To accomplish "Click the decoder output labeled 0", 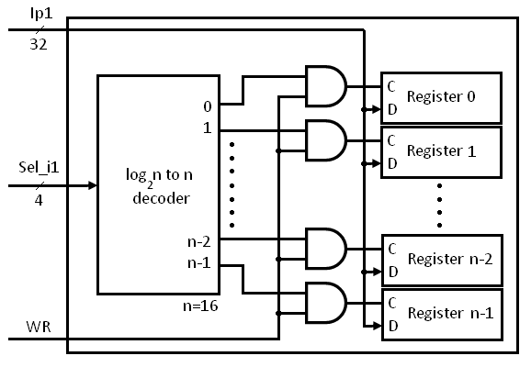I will tap(208, 105).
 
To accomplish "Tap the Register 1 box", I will tap(442, 151).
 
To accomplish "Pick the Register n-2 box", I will tap(442, 260).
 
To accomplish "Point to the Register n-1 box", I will tap(442, 313).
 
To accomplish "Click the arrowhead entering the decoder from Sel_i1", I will tap(92, 184).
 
